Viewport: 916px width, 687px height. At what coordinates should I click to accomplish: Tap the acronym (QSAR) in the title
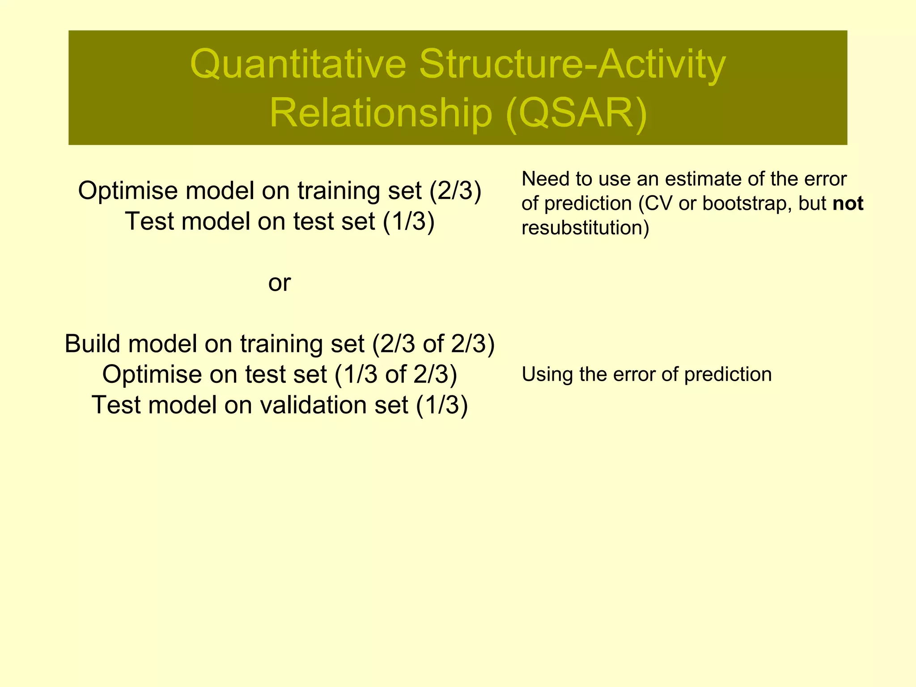(x=577, y=114)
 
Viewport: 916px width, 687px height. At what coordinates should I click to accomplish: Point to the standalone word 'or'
(x=280, y=283)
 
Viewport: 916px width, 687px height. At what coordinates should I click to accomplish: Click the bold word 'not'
(x=848, y=204)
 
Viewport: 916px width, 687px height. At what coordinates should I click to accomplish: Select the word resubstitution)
(x=585, y=228)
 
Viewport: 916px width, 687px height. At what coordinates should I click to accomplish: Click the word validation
(x=334, y=405)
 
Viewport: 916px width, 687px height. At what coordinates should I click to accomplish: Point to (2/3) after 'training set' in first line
(x=455, y=191)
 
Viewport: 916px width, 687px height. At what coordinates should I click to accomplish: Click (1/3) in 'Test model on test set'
(x=408, y=221)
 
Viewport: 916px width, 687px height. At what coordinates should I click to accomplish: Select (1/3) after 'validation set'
(x=442, y=405)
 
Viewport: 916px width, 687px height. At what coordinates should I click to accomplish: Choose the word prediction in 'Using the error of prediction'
(x=728, y=374)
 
